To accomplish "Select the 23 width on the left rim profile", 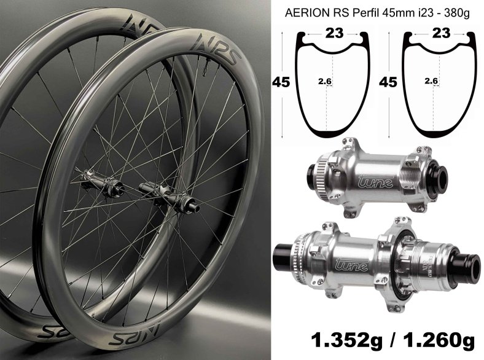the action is pyautogui.click(x=334, y=33).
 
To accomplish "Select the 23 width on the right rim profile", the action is pyautogui.click(x=441, y=33).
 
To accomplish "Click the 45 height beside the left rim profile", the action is pyautogui.click(x=281, y=82).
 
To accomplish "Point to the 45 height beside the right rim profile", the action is pyautogui.click(x=388, y=82).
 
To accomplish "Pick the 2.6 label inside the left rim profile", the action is pyautogui.click(x=325, y=82).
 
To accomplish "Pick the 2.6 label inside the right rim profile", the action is pyautogui.click(x=431, y=81).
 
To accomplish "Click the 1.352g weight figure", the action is pyautogui.click(x=346, y=340).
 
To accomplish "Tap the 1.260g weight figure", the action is pyautogui.click(x=439, y=340).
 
